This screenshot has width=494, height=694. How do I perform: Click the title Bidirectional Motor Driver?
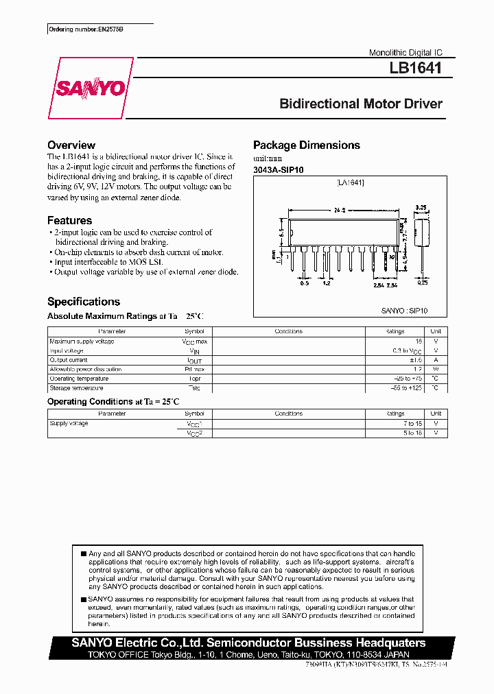(x=361, y=104)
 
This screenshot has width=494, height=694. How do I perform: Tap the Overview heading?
(x=71, y=145)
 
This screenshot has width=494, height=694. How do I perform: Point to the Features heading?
(x=69, y=221)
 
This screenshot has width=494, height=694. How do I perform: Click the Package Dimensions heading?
(x=307, y=145)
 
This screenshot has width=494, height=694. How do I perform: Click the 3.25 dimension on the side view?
(x=421, y=206)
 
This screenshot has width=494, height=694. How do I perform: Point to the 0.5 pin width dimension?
(x=304, y=283)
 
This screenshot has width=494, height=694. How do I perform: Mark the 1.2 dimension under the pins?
(x=327, y=283)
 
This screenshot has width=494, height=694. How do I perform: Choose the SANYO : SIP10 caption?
(x=404, y=311)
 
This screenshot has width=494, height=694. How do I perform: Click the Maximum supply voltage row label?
(x=82, y=342)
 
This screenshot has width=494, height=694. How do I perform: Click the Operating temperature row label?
(x=79, y=379)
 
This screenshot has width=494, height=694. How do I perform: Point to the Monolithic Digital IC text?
(x=406, y=53)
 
